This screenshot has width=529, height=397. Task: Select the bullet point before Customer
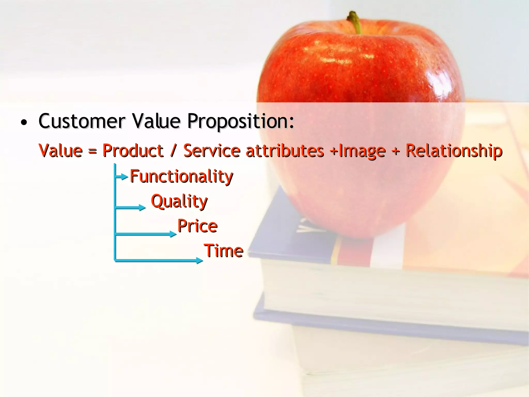click(x=24, y=123)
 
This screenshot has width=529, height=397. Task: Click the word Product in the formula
click(x=133, y=151)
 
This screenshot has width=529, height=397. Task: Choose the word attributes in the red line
click(x=285, y=151)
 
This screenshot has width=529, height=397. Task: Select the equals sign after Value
click(x=92, y=151)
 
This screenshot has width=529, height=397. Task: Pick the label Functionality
click(x=181, y=177)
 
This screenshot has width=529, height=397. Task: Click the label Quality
click(x=179, y=201)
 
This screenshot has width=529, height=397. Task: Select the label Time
click(x=224, y=251)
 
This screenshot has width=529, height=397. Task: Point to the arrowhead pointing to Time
click(x=200, y=260)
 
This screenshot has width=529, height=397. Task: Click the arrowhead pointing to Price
click(x=173, y=234)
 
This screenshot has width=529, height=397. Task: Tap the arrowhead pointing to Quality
click(x=143, y=208)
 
